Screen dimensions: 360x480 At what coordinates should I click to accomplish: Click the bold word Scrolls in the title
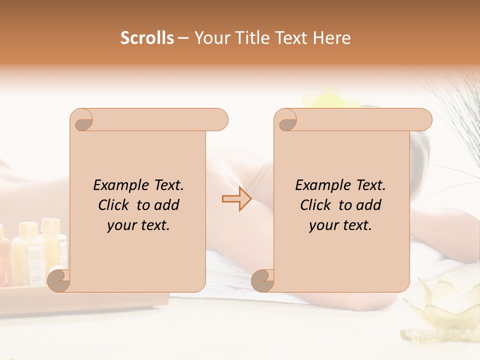pyautogui.click(x=146, y=38)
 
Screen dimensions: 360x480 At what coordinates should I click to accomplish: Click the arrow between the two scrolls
pyautogui.click(x=236, y=199)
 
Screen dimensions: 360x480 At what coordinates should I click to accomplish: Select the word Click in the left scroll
pyautogui.click(x=114, y=205)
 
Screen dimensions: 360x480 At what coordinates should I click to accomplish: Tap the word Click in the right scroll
pyautogui.click(x=316, y=205)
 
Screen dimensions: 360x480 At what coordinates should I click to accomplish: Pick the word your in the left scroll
pyautogui.click(x=120, y=225)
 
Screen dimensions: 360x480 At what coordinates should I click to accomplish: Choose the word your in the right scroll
pyautogui.click(x=322, y=225)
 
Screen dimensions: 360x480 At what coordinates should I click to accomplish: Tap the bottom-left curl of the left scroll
pyautogui.click(x=58, y=280)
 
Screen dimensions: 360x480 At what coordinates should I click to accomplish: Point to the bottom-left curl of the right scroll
pyautogui.click(x=262, y=280)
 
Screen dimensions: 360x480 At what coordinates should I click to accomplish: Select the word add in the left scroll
pyautogui.click(x=167, y=205)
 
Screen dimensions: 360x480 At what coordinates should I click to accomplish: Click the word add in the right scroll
pyautogui.click(x=369, y=205)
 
